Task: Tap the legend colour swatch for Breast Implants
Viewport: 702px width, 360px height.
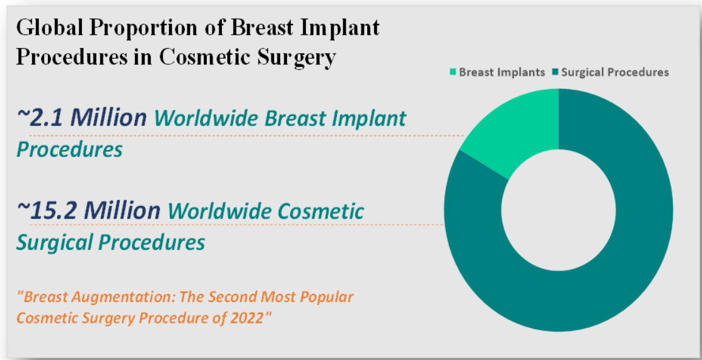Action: tap(453, 72)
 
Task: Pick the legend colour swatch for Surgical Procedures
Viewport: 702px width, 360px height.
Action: tap(555, 72)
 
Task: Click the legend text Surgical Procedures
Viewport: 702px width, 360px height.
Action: tap(615, 72)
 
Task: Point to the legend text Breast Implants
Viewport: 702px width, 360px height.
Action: tap(502, 72)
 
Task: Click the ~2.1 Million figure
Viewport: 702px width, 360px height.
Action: tap(81, 117)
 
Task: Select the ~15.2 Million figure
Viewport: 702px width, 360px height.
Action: tap(88, 209)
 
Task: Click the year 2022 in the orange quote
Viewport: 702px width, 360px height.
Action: tap(249, 318)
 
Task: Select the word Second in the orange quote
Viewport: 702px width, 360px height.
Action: tap(233, 296)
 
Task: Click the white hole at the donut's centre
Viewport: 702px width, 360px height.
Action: tap(558, 211)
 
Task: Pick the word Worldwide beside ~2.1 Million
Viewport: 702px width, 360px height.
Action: tap(208, 118)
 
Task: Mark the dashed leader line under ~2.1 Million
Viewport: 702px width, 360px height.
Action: tap(247, 135)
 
